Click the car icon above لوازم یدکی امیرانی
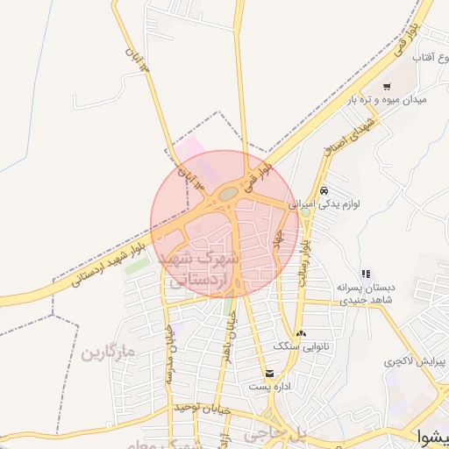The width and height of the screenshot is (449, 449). click(324, 190)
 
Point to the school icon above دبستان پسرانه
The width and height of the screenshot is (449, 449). click(366, 274)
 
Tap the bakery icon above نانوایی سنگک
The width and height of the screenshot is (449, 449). click(302, 333)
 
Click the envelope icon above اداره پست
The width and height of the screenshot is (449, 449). click(256, 373)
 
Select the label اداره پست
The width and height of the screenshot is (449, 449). click(267, 386)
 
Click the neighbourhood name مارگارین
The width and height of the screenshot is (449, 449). click(109, 353)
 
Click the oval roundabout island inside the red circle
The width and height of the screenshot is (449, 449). click(227, 192)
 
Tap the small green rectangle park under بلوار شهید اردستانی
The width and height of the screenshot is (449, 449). click(136, 265)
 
